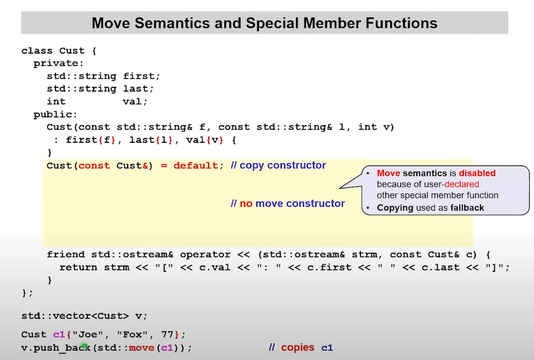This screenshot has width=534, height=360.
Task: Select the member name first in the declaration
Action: click(138, 76)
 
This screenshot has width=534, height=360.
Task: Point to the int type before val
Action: click(56, 102)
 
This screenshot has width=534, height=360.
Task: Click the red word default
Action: click(196, 166)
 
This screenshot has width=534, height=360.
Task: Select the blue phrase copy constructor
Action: click(283, 165)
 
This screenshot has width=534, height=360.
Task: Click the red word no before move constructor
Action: click(246, 203)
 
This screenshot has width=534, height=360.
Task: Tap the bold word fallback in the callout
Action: click(467, 208)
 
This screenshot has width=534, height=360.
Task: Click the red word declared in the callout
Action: click(461, 184)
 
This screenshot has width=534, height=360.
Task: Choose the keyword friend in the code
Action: click(66, 254)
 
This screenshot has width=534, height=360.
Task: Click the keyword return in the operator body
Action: click(78, 268)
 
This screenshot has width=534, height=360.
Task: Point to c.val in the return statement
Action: click(214, 268)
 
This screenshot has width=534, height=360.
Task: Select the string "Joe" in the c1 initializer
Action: click(88, 334)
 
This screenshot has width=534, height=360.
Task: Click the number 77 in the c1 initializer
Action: click(167, 334)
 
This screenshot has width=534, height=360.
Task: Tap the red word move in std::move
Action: click(142, 348)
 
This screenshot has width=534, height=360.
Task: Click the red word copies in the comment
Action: click(298, 347)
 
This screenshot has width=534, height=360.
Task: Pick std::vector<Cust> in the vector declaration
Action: click(75, 316)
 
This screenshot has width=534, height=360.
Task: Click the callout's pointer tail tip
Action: click(340, 188)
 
